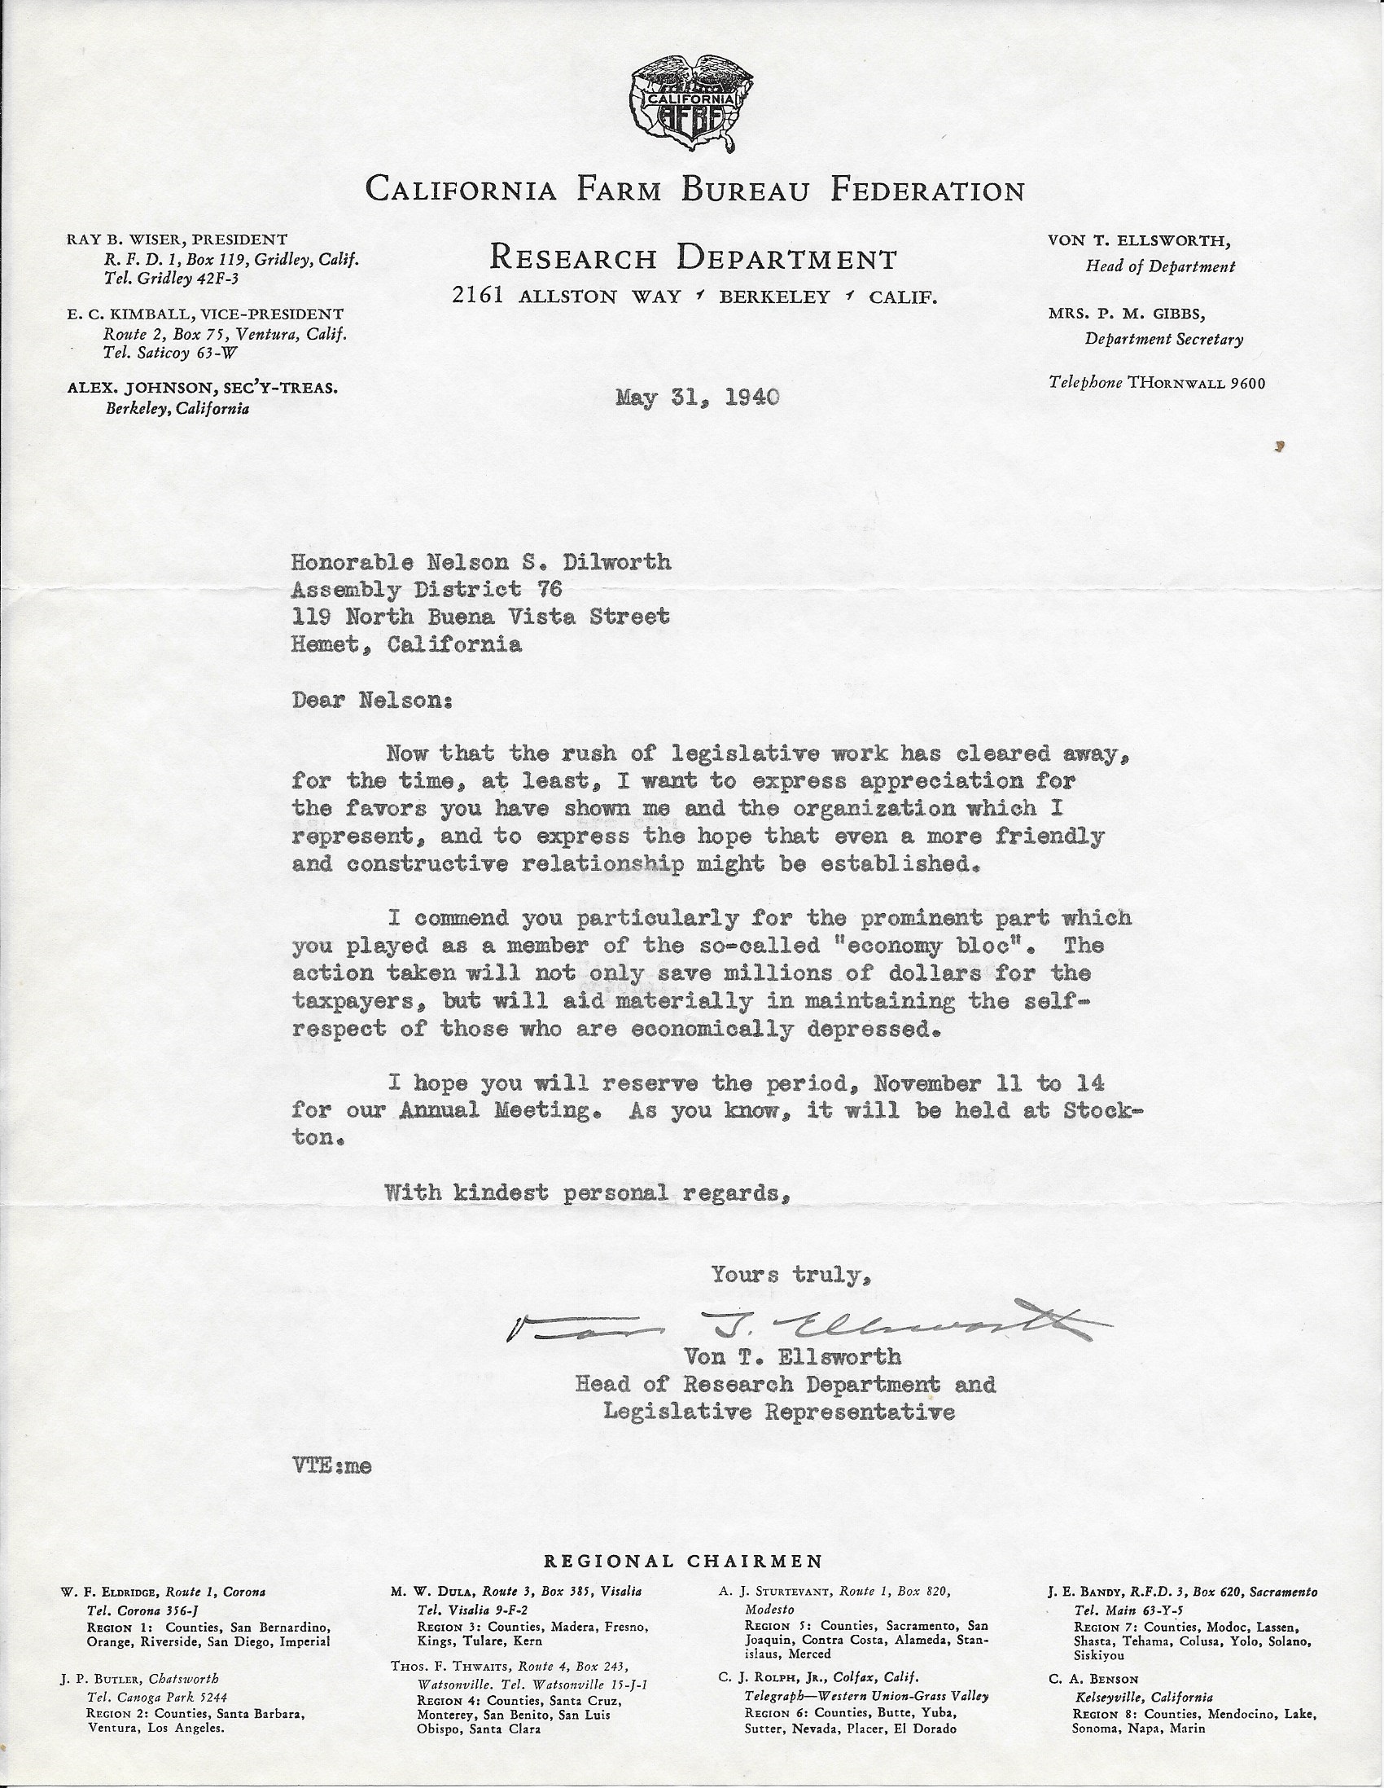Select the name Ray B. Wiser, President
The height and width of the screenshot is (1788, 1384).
(x=177, y=239)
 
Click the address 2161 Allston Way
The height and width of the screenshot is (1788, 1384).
(x=567, y=297)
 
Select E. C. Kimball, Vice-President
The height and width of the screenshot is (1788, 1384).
(x=204, y=314)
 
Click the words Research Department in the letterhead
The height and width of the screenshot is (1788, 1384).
(x=693, y=260)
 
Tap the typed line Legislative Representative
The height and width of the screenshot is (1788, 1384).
(x=778, y=1412)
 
